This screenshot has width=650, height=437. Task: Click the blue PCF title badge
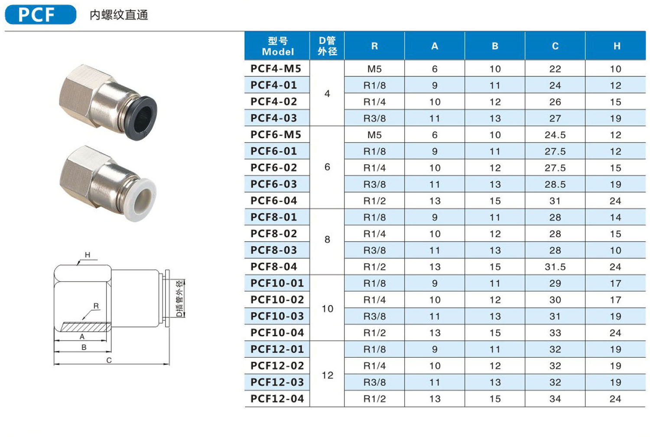(x=41, y=14)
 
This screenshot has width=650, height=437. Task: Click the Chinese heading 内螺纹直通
(x=119, y=15)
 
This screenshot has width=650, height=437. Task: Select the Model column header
(x=277, y=46)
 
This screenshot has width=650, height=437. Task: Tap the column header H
(x=617, y=46)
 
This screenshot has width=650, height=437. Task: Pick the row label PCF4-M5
(x=276, y=68)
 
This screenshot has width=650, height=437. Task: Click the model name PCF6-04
(x=273, y=200)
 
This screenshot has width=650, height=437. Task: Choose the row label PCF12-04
(x=277, y=398)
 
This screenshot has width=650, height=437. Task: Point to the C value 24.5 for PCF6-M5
(x=555, y=135)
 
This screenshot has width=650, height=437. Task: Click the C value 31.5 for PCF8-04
(x=555, y=267)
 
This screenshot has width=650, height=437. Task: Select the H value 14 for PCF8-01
(x=615, y=217)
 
